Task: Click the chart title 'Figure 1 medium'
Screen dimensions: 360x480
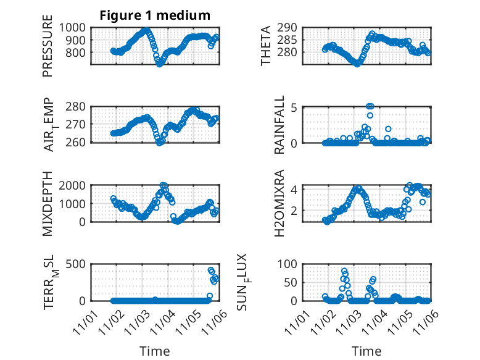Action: (x=155, y=15)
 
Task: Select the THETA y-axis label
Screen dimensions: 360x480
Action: (x=266, y=46)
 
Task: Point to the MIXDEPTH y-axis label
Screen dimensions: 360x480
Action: (x=48, y=204)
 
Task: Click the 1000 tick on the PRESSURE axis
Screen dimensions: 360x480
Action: (x=74, y=28)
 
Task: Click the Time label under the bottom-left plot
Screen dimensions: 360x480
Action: (x=154, y=351)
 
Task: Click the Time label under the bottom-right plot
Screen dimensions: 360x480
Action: (x=366, y=351)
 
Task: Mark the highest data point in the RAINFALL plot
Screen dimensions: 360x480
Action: (x=370, y=106)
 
